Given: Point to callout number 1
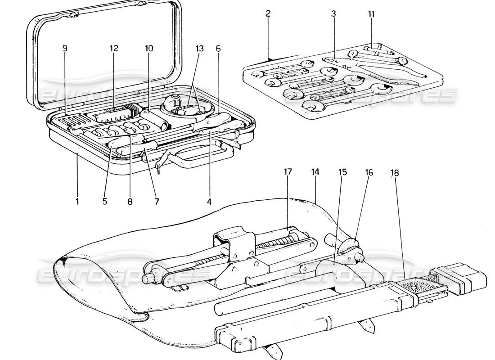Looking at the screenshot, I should [x=77, y=201].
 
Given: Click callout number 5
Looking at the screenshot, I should [x=104, y=201].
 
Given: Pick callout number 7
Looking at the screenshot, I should [x=157, y=201].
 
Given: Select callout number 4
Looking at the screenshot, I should [x=209, y=201].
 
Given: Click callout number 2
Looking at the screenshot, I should [x=268, y=13].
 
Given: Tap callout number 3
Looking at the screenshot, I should [x=333, y=13].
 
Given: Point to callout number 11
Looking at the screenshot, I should [x=371, y=13].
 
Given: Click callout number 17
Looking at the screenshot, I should [x=288, y=171].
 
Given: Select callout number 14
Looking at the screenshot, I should [x=315, y=171].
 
